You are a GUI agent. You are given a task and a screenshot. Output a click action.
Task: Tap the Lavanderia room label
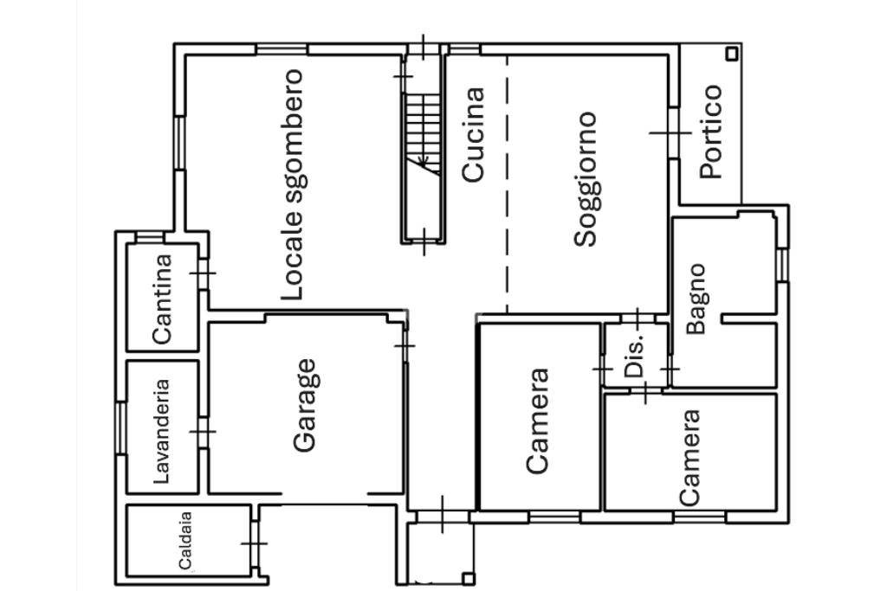click(161, 430)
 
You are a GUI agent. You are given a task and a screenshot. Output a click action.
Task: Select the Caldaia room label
click(185, 542)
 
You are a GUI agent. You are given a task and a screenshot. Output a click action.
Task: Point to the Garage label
click(305, 405)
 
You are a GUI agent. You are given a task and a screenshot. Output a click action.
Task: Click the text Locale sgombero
click(293, 184)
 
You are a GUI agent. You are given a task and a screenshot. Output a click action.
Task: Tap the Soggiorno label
click(586, 178)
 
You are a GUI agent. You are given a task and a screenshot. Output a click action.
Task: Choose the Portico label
click(710, 131)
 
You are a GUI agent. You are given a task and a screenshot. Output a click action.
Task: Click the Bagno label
click(697, 299)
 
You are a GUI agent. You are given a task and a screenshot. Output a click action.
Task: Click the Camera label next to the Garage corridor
click(538, 421)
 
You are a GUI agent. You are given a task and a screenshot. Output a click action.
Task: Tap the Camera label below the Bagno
click(690, 457)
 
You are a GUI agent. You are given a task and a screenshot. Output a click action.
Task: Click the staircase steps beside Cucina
click(424, 121)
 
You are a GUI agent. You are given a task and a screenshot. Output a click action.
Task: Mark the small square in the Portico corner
click(732, 54)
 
